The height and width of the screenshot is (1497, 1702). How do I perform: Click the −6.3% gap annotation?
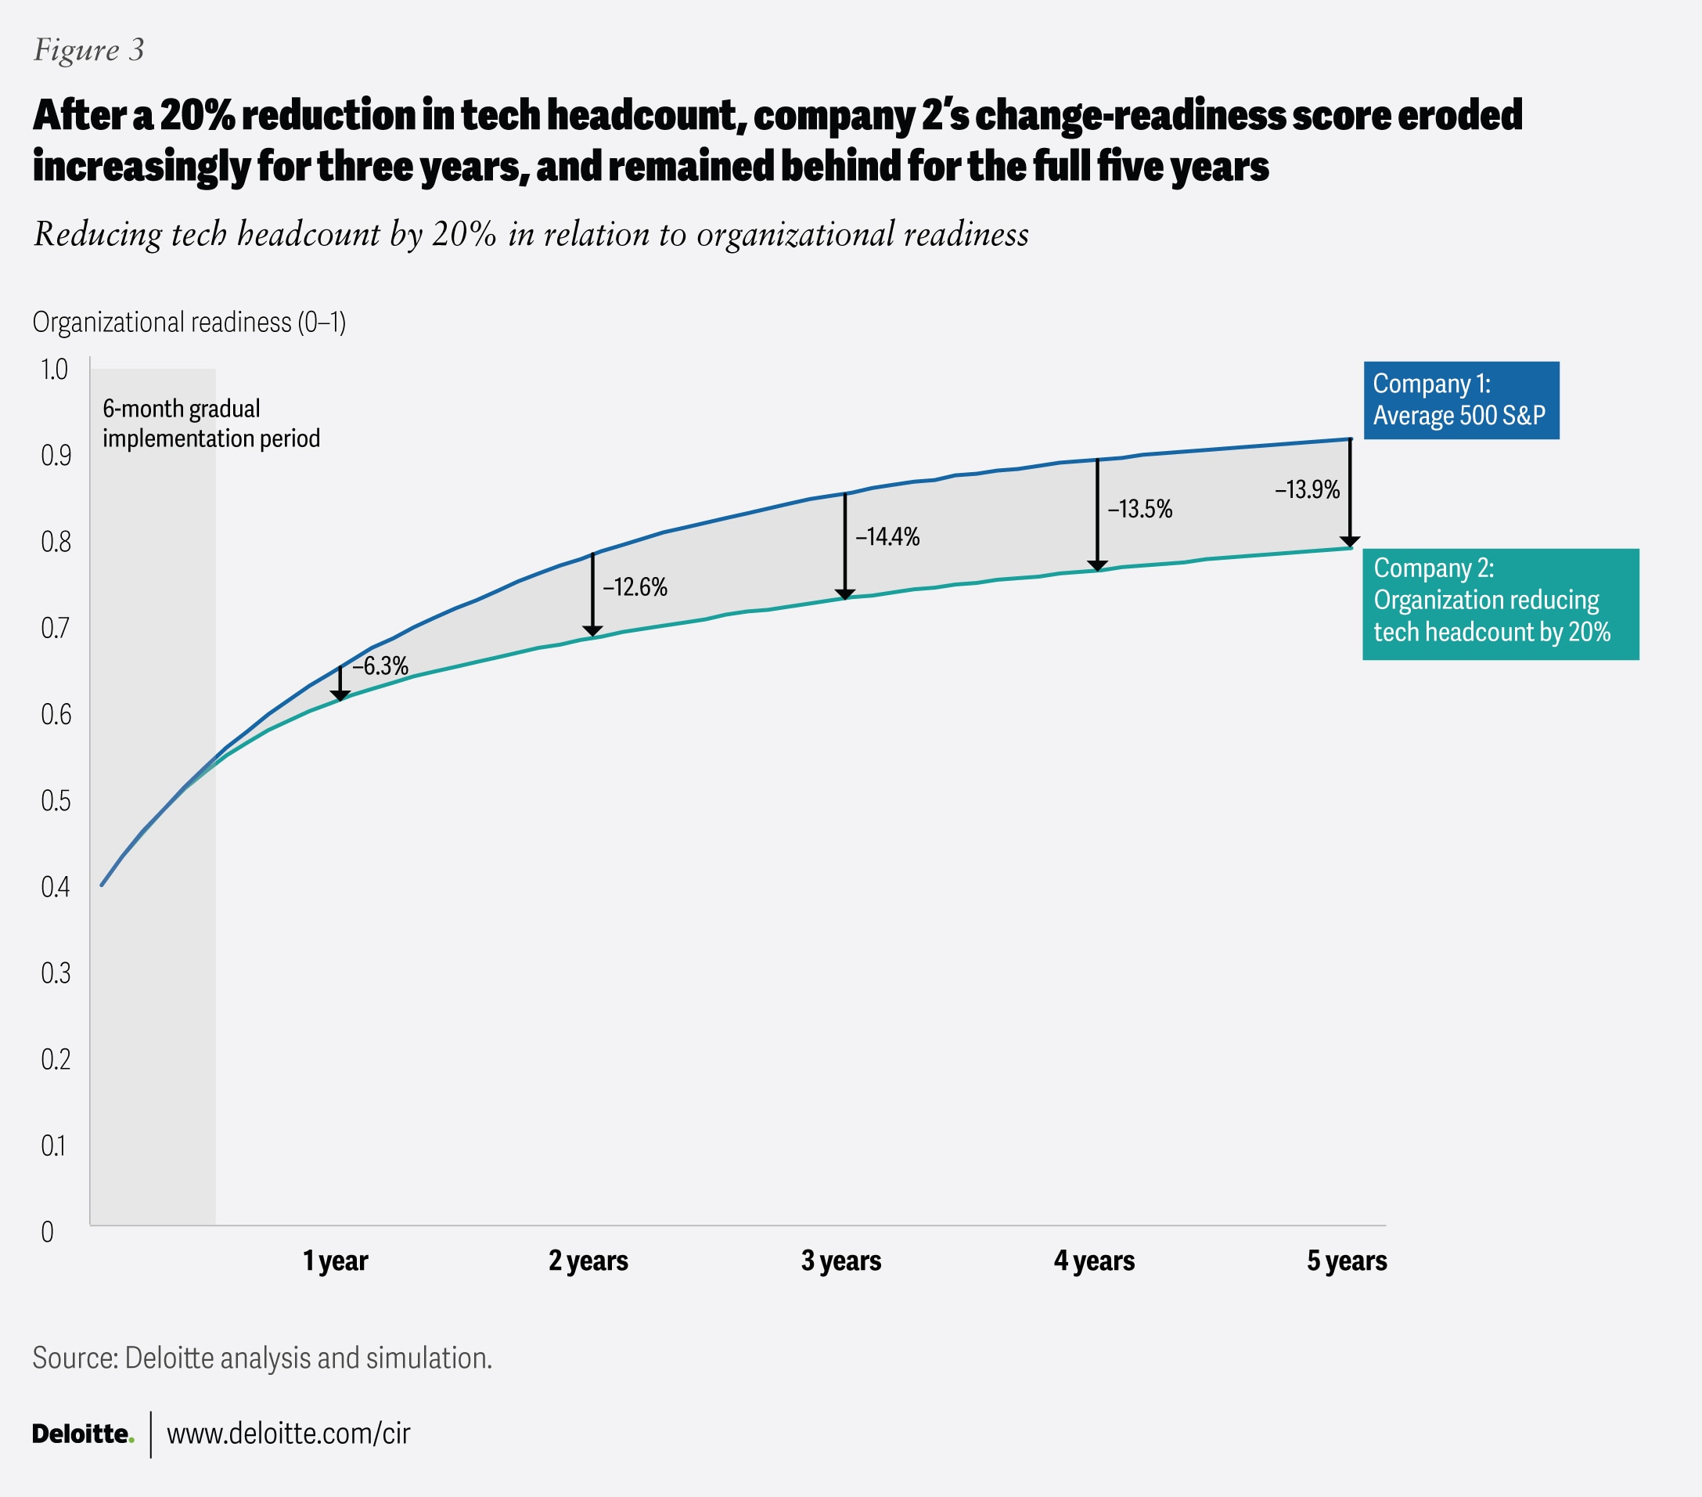pyautogui.click(x=380, y=666)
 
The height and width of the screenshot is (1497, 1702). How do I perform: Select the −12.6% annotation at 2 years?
pyautogui.click(x=635, y=587)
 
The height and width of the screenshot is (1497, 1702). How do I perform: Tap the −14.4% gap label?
pyautogui.click(x=887, y=536)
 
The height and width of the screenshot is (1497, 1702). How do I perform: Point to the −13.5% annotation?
pyautogui.click(x=1139, y=509)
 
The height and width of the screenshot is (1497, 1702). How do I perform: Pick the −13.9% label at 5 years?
pyautogui.click(x=1307, y=489)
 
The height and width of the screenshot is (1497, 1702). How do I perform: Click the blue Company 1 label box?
pyautogui.click(x=1460, y=400)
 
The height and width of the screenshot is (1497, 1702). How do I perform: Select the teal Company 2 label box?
pyautogui.click(x=1499, y=604)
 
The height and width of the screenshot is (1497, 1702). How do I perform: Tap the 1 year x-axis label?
pyautogui.click(x=335, y=1261)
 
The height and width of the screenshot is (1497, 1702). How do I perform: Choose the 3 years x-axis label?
pyautogui.click(x=840, y=1261)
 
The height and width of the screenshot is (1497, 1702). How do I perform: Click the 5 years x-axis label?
pyautogui.click(x=1347, y=1261)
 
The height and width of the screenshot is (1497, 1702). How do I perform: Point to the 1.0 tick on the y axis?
pyautogui.click(x=54, y=369)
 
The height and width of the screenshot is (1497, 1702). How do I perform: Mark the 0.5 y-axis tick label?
pyautogui.click(x=55, y=800)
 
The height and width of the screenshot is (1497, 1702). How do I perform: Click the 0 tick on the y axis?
pyautogui.click(x=48, y=1232)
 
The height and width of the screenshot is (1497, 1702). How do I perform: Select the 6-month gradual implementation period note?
pyautogui.click(x=211, y=424)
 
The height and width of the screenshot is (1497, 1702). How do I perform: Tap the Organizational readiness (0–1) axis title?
pyautogui.click(x=189, y=322)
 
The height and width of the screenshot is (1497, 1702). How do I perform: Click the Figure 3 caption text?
pyautogui.click(x=88, y=50)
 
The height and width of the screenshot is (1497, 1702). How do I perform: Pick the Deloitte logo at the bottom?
pyautogui.click(x=82, y=1434)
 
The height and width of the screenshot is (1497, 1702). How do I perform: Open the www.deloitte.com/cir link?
pyautogui.click(x=288, y=1434)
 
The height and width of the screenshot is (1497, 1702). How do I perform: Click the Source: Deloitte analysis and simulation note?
pyautogui.click(x=262, y=1358)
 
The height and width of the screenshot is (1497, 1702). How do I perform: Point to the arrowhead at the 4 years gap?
pyautogui.click(x=1097, y=565)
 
